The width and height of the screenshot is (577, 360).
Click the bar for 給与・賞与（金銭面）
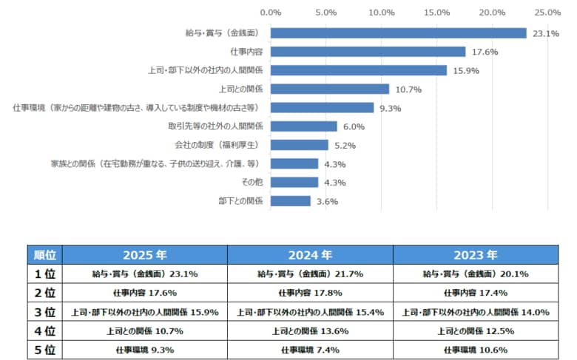(x=398, y=33)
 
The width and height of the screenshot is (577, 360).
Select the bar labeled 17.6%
(x=368, y=52)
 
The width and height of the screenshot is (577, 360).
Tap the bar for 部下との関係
(x=291, y=201)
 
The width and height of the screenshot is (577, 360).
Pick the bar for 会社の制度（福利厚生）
(x=300, y=145)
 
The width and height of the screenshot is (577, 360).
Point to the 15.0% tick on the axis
(x=436, y=13)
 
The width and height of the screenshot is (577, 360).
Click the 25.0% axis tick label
(x=547, y=13)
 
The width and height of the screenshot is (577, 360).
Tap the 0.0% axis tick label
(x=271, y=13)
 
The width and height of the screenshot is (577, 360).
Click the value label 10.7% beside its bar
(x=408, y=89)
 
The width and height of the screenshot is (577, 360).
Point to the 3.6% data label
(x=326, y=202)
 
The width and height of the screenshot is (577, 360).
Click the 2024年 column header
(x=309, y=256)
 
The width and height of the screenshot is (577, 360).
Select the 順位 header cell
(x=44, y=256)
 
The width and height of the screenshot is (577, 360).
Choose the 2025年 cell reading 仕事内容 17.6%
(x=144, y=293)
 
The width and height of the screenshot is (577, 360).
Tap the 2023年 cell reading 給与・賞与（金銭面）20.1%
(x=475, y=274)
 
